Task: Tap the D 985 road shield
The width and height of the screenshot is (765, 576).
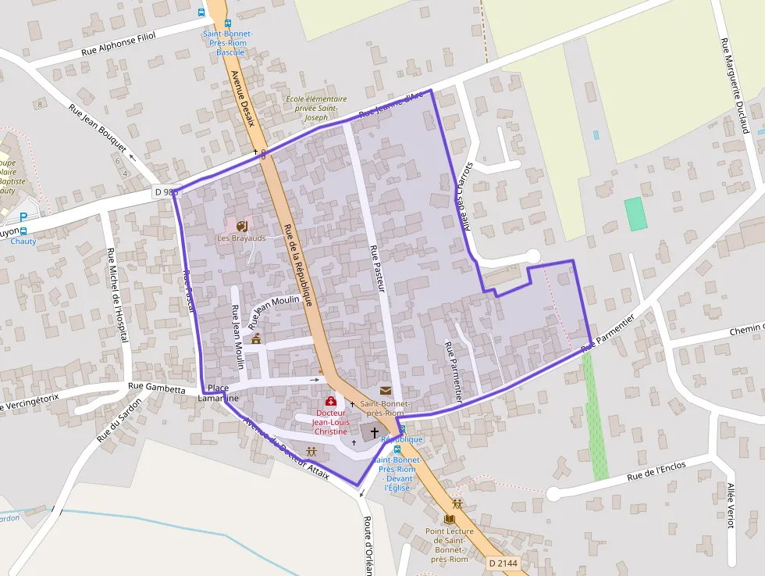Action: coord(165,191)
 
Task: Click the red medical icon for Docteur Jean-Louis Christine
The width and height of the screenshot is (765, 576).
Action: coord(330,401)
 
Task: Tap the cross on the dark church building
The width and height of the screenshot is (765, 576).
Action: coord(375,432)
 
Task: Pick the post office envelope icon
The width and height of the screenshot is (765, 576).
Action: coord(385,390)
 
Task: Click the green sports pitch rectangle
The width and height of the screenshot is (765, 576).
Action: coord(636,213)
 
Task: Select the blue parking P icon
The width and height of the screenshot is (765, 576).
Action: coord(23,216)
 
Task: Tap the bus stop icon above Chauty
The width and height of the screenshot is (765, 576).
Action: coord(23,231)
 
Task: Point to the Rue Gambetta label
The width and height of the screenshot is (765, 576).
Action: coord(156,388)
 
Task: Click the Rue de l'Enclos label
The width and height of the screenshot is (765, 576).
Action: coord(656,471)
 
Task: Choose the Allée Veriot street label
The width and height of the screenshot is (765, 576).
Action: coord(731,506)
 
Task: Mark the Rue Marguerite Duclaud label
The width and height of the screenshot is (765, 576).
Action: coord(735,86)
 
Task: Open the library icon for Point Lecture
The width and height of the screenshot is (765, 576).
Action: coord(448,519)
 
